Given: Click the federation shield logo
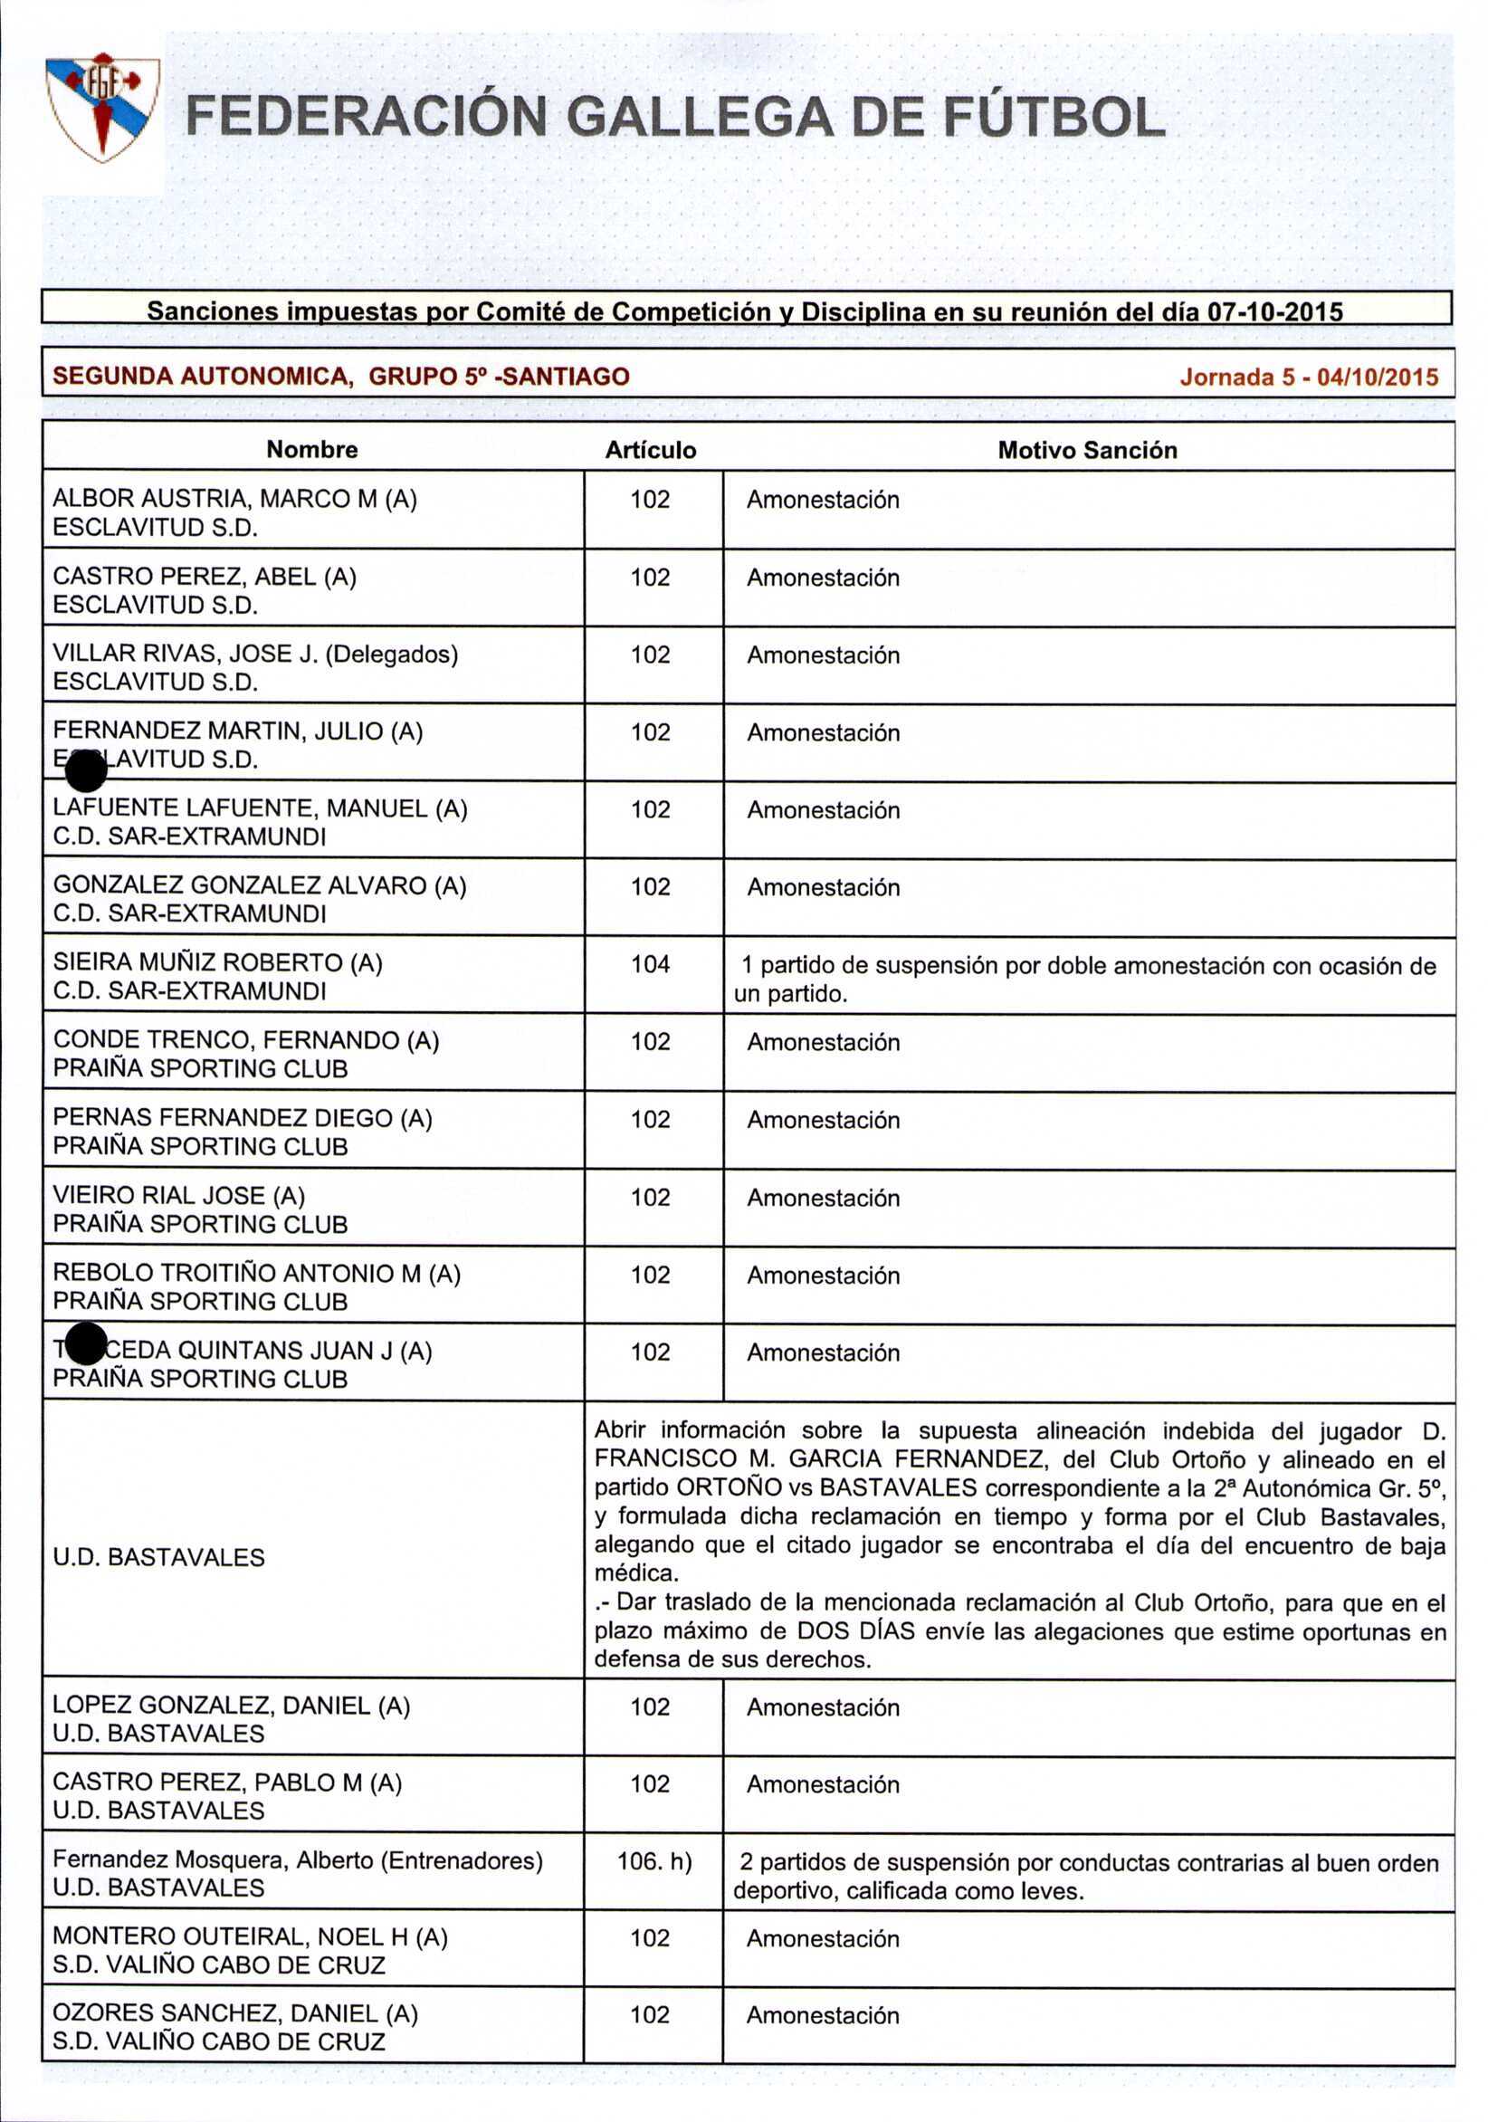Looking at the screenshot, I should click(x=102, y=107).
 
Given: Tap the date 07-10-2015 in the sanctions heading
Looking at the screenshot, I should click(x=1275, y=312).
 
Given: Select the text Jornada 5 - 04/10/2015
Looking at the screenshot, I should click(x=1309, y=378).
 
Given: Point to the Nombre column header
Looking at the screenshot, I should click(x=311, y=450).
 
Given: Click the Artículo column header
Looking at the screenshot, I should click(x=651, y=450).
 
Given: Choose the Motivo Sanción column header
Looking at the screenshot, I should click(x=1087, y=450).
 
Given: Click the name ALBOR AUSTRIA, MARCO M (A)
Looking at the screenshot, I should click(x=234, y=499).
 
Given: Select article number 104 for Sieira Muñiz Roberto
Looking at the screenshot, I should click(x=651, y=965).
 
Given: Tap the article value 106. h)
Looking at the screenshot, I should click(x=654, y=1861).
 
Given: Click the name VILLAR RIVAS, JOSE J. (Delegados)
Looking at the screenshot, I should click(x=255, y=655).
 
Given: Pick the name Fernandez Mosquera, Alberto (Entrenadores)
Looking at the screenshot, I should click(x=298, y=1860).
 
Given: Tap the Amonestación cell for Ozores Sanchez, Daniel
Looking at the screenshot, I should click(x=823, y=2016).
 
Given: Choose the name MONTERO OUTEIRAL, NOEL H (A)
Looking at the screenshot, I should click(x=250, y=1938).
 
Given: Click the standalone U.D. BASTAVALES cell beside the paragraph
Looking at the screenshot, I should click(x=159, y=1557).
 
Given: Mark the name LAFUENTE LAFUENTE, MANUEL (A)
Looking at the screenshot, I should click(x=260, y=808).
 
